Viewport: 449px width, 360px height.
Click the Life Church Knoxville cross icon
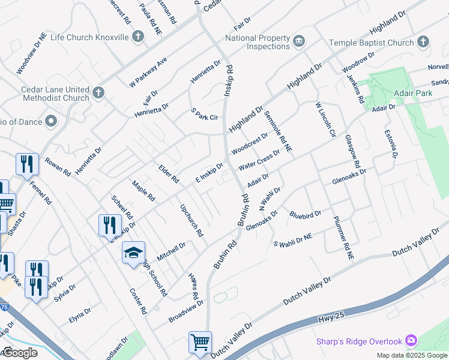(x=138, y=37)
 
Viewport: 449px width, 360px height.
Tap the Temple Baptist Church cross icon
(x=424, y=43)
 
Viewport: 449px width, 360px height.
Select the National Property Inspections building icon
(x=298, y=42)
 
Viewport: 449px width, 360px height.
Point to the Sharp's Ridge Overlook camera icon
(x=411, y=341)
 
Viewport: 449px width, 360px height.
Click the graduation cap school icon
(x=133, y=253)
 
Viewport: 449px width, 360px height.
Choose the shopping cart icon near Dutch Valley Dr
(x=200, y=343)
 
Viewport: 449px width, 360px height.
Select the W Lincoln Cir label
(x=325, y=121)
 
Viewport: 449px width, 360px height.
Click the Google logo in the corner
(x=20, y=353)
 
